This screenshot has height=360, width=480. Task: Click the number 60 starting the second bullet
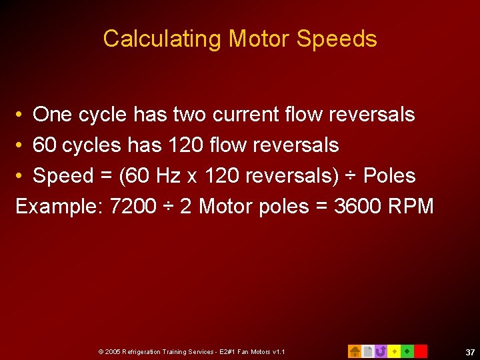(44, 145)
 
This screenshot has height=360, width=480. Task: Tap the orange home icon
(355, 351)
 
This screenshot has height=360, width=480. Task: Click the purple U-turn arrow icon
(381, 351)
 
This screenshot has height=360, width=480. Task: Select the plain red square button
(421, 351)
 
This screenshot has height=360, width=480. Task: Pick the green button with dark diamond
(407, 351)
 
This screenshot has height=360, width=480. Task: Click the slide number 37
(470, 351)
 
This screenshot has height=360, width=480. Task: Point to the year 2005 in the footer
(111, 351)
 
